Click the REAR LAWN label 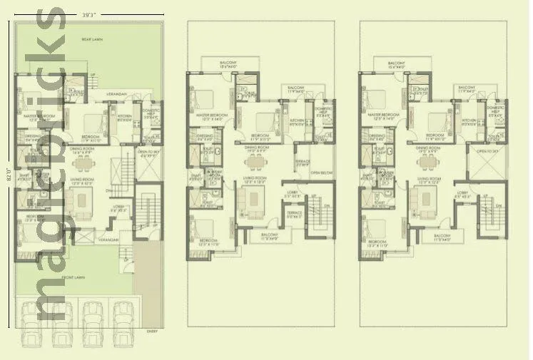[91, 40]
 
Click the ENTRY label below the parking [152, 331]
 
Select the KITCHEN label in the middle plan [296, 121]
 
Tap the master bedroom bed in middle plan [204, 99]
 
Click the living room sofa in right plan [425, 202]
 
